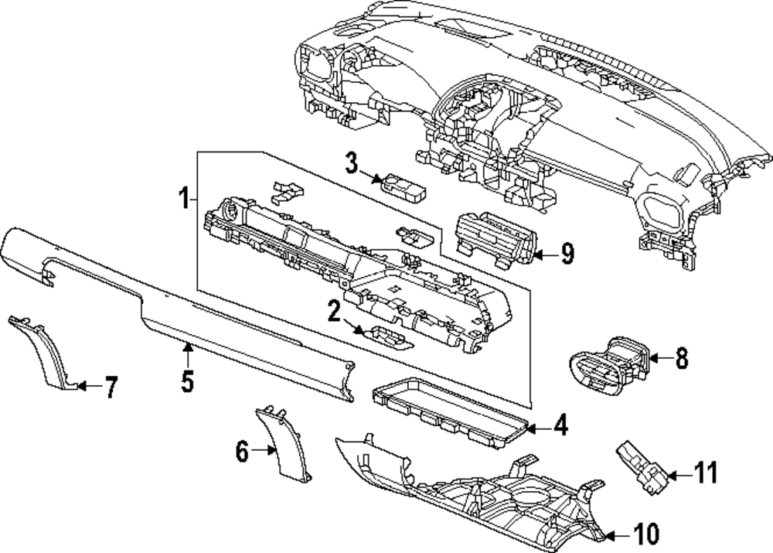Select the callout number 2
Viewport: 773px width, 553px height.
[333, 312]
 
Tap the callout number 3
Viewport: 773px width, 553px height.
[351, 163]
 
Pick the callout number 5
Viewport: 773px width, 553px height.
[187, 380]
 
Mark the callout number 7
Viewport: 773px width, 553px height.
[111, 387]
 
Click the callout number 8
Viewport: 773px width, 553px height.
[680, 358]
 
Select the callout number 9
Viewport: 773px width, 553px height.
[567, 254]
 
